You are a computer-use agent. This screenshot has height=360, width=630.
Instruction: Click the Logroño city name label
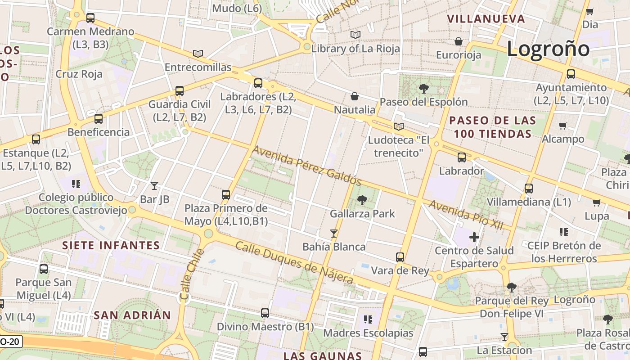548,49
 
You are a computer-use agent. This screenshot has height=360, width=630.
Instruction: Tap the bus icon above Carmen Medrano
90,18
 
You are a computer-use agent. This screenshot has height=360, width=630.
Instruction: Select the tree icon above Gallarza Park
362,200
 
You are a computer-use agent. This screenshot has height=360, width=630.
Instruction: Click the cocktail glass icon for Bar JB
154,185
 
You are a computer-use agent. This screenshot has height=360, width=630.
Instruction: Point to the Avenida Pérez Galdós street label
307,166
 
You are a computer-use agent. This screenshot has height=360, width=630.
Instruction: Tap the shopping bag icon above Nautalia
355,96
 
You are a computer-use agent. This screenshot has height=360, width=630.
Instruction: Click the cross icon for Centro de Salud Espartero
474,237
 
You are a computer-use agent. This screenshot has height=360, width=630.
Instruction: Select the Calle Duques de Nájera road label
294,263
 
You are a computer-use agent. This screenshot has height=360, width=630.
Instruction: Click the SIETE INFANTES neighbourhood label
111,245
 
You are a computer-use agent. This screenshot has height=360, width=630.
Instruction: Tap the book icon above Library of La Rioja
355,35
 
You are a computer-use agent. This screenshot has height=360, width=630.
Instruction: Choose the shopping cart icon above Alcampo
562,126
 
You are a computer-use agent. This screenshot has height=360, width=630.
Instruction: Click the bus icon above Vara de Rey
400,257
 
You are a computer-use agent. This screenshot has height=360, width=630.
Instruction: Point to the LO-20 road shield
10,342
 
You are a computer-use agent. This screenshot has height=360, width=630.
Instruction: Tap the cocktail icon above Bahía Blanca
334,233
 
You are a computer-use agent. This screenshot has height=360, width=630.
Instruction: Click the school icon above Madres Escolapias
368,319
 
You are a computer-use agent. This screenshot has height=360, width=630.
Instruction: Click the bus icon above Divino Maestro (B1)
265,313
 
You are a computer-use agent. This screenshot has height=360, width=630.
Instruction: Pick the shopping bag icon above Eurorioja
459,41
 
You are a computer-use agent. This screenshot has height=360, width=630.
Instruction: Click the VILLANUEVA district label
486,19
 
